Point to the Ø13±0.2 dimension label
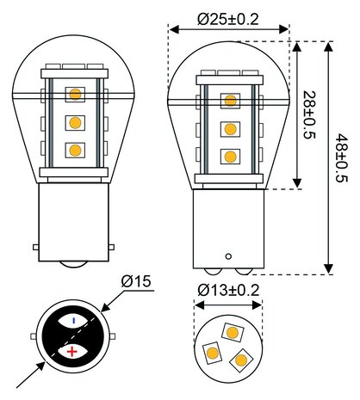(229, 290)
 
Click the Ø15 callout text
(136, 281)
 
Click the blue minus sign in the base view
(73, 320)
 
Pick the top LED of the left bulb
(75, 92)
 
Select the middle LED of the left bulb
(75, 121)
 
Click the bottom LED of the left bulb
(75, 150)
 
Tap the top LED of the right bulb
(229, 102)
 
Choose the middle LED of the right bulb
(229, 129)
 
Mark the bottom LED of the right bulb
(229, 157)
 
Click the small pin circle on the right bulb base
(228, 255)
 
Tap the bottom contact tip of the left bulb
(74, 260)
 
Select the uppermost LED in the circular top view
(232, 331)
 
